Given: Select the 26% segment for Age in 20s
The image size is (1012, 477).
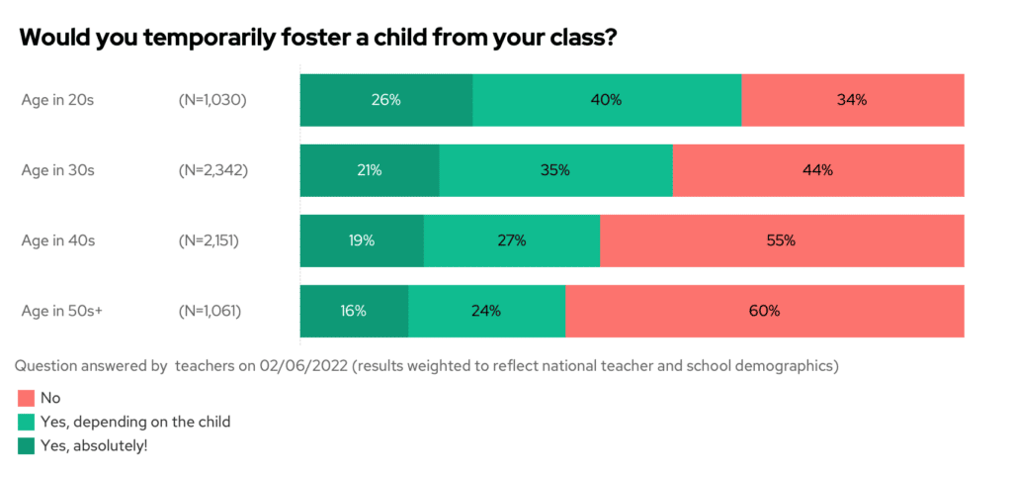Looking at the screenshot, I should pyautogui.click(x=386, y=100).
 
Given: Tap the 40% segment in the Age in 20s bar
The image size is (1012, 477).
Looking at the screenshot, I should pyautogui.click(x=607, y=100).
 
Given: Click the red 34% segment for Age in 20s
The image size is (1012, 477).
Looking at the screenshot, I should pyautogui.click(x=852, y=100).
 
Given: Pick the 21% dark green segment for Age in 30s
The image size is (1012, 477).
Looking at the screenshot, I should pyautogui.click(x=370, y=170).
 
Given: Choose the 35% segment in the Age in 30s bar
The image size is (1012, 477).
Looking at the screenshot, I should pyautogui.click(x=555, y=170).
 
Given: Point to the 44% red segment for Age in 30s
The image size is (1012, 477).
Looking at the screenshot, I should pyautogui.click(x=818, y=170).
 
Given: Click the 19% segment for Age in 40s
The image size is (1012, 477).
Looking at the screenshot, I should pyautogui.click(x=362, y=240).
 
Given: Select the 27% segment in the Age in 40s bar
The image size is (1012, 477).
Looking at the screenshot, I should pyautogui.click(x=511, y=240).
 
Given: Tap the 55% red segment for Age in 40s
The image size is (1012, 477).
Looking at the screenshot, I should pyautogui.click(x=781, y=240).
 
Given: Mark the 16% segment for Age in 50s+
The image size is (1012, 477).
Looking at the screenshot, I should pyautogui.click(x=354, y=311).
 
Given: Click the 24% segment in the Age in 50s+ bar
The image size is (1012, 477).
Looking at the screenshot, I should pyautogui.click(x=486, y=311).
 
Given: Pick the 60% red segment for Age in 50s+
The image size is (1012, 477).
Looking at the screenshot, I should pyautogui.click(x=764, y=311).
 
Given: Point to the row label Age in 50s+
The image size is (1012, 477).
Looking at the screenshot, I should pyautogui.click(x=62, y=311).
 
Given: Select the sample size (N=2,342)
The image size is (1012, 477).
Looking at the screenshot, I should pyautogui.click(x=212, y=170).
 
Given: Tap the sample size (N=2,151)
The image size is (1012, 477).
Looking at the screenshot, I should pyautogui.click(x=210, y=240).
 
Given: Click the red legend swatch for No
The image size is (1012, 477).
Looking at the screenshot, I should pyautogui.click(x=26, y=399).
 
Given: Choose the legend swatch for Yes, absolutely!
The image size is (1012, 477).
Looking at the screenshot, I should pyautogui.click(x=26, y=446).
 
